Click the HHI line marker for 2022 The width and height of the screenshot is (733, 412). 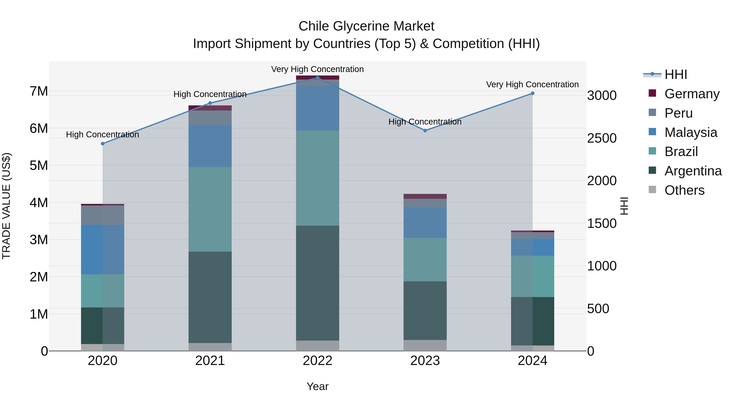click(318, 78)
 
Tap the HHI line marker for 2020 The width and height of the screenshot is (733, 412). click(103, 144)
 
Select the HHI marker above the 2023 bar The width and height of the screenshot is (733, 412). click(425, 130)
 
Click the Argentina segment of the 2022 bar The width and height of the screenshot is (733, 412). click(318, 283)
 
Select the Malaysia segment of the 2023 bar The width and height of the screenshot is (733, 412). click(425, 222)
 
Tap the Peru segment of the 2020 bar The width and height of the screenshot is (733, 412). click(103, 215)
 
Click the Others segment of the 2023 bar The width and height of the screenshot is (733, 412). click(425, 345)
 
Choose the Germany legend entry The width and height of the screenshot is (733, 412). click(692, 94)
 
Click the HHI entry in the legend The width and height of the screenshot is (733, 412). click(676, 74)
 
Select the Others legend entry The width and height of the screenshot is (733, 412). click(684, 190)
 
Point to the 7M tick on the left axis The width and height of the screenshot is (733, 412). click(39, 91)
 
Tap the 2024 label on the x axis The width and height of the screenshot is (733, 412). click(532, 361)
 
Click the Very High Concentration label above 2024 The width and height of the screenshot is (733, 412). click(532, 84)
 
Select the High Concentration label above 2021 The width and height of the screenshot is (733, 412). click(210, 94)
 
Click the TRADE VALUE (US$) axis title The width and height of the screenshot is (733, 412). click(6, 206)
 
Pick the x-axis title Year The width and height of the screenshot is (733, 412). click(318, 386)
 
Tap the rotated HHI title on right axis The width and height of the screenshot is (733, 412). click(624, 206)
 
